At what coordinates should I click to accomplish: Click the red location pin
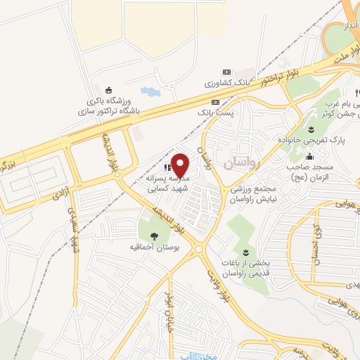180,164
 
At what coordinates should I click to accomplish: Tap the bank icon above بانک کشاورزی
226,72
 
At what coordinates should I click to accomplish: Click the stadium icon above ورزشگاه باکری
108,89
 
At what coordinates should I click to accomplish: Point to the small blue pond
150,91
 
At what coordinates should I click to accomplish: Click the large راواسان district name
242,163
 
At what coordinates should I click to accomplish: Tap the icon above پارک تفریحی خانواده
311,128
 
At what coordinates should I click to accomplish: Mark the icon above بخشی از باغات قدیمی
245,251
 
